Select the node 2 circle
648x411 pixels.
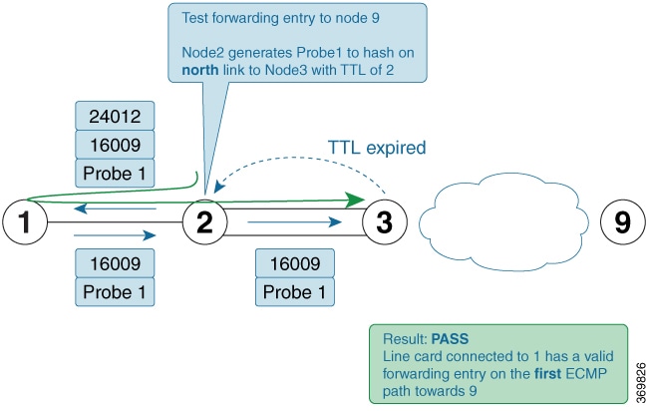204,221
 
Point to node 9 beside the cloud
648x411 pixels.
622,221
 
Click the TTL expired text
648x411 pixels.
377,148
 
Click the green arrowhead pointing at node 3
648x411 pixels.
353,201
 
